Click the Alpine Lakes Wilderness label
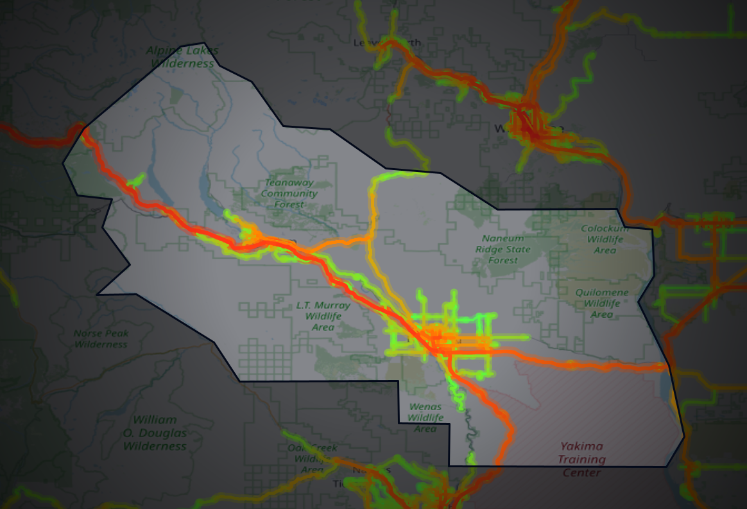pos(182,57)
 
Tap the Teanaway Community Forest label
pos(289,193)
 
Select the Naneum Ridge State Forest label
pos(502,249)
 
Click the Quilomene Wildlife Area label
pos(601,303)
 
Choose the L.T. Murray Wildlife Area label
pos(323,316)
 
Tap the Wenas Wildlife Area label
pos(425,417)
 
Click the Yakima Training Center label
pos(581,459)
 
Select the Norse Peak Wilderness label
pos(101,339)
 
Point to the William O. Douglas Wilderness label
pos(155,433)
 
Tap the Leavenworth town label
pos(388,43)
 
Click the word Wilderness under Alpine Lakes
pos(182,64)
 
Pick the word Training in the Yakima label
pos(581,459)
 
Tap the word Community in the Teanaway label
pos(289,193)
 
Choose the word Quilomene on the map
pos(602,292)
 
